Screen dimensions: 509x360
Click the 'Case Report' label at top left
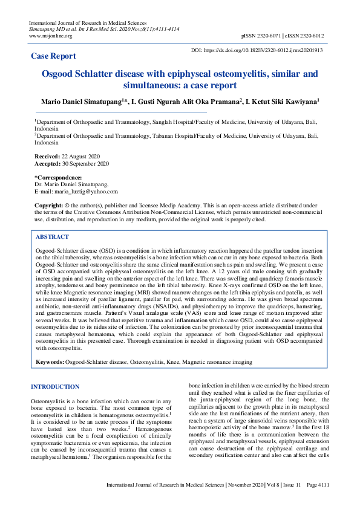[x=53, y=56]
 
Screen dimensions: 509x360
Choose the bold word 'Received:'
[x=47, y=157]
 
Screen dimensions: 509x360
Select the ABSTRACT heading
[x=53, y=237]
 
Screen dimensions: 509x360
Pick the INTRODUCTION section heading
[x=54, y=387]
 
